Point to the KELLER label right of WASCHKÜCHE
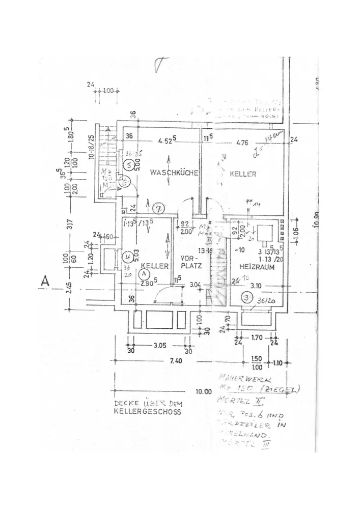point(243,174)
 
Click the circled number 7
point(158,208)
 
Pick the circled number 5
point(129,165)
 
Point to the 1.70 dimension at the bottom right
point(257,337)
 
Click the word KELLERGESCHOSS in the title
point(148,413)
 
